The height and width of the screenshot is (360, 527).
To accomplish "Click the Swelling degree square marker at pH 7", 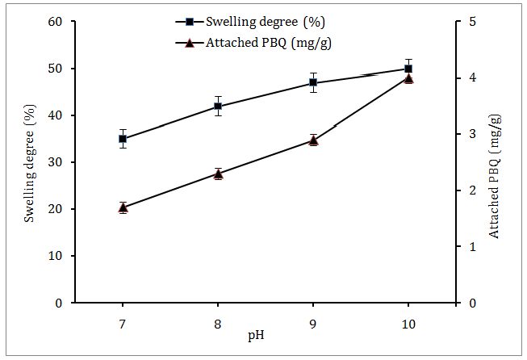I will (123, 139).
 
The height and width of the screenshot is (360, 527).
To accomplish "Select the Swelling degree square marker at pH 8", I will (218, 106).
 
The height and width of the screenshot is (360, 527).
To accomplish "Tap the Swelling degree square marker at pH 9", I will (313, 82).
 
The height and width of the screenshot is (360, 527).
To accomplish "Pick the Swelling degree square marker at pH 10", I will (408, 69).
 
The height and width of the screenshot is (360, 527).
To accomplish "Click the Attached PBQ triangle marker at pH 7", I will (123, 207).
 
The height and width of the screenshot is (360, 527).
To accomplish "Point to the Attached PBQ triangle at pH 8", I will (218, 174).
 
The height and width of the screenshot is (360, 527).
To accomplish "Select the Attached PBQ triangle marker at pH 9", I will (313, 140).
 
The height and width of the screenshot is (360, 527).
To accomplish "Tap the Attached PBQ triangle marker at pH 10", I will (408, 78).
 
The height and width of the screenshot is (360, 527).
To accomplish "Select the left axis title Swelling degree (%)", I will (29, 161).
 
